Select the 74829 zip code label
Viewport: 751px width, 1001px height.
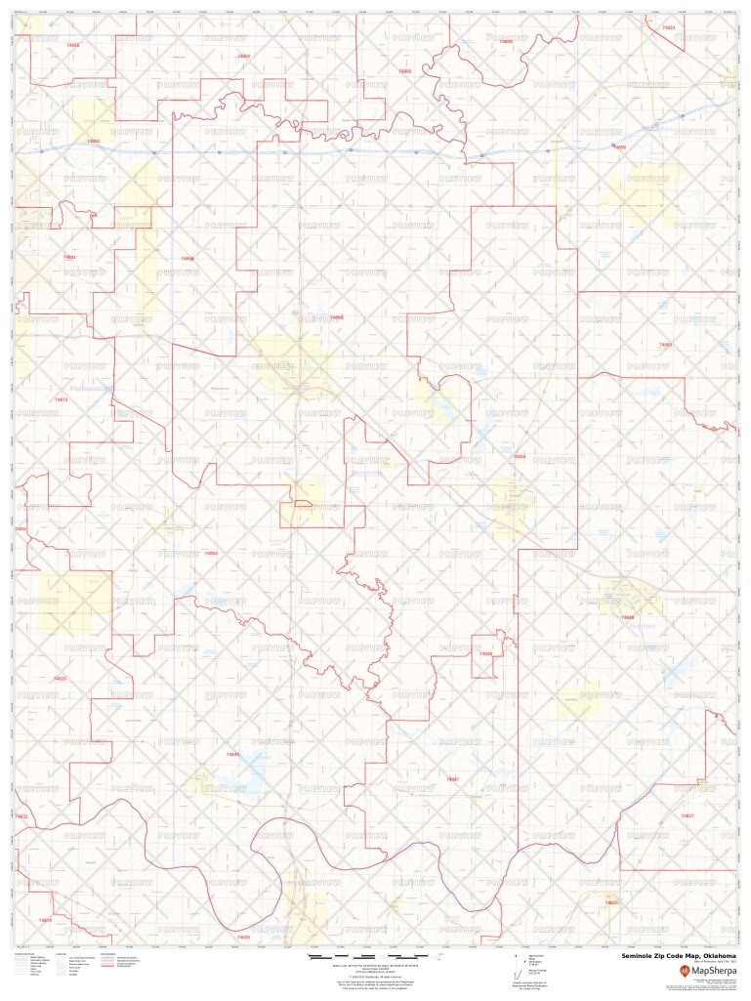pos(505,42)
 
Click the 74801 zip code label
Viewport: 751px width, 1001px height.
pos(68,257)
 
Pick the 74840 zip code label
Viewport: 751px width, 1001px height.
pos(188,259)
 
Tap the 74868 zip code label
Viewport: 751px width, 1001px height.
pos(336,317)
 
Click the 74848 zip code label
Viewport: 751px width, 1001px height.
pos(628,617)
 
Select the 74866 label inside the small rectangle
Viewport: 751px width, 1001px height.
pos(485,653)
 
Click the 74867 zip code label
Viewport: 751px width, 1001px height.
pos(452,779)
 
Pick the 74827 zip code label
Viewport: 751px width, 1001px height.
pos(687,815)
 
